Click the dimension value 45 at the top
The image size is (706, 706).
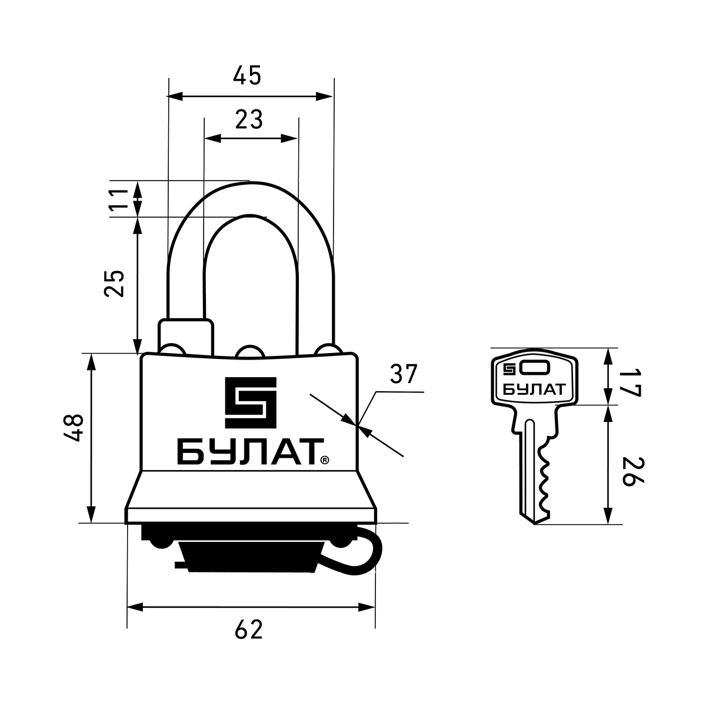click(247, 75)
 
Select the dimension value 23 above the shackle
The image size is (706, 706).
click(249, 119)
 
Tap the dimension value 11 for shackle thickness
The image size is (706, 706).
click(119, 200)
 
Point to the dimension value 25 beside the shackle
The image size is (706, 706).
click(115, 284)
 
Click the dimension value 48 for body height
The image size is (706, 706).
click(74, 428)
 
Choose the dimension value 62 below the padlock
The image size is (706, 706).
click(249, 630)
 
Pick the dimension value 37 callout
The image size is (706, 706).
click(404, 374)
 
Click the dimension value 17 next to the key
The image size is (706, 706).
click(631, 384)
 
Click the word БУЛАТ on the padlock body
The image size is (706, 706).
click(248, 452)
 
